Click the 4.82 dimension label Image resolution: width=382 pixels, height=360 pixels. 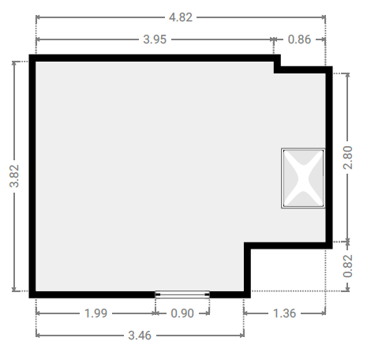[181, 17]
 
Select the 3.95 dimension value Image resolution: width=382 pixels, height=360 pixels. [155, 39]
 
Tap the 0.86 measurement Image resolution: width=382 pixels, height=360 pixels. [299, 39]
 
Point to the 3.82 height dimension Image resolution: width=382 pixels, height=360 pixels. [14, 176]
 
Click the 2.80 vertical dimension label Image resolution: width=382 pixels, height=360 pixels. [348, 157]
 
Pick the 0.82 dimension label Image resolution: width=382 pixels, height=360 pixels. [348, 266]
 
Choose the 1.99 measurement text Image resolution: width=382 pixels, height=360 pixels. [95, 313]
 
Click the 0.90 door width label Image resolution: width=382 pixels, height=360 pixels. [182, 313]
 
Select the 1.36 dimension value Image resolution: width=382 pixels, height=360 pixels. [285, 313]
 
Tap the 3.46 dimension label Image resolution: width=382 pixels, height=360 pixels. [140, 336]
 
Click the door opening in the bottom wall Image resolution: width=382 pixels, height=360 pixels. [182, 294]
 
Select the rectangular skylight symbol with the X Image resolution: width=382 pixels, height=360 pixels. [303, 178]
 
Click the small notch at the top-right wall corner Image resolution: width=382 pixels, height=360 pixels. [277, 64]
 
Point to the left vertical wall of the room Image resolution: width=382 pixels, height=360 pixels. [32, 176]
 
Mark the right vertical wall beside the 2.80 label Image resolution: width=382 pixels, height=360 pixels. [329, 158]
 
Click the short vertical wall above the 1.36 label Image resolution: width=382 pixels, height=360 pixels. [247, 270]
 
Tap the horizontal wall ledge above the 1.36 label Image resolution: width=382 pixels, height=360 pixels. [288, 246]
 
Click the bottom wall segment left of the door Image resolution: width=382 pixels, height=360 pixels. [92, 294]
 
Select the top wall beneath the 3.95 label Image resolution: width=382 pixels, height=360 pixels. [155, 58]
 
